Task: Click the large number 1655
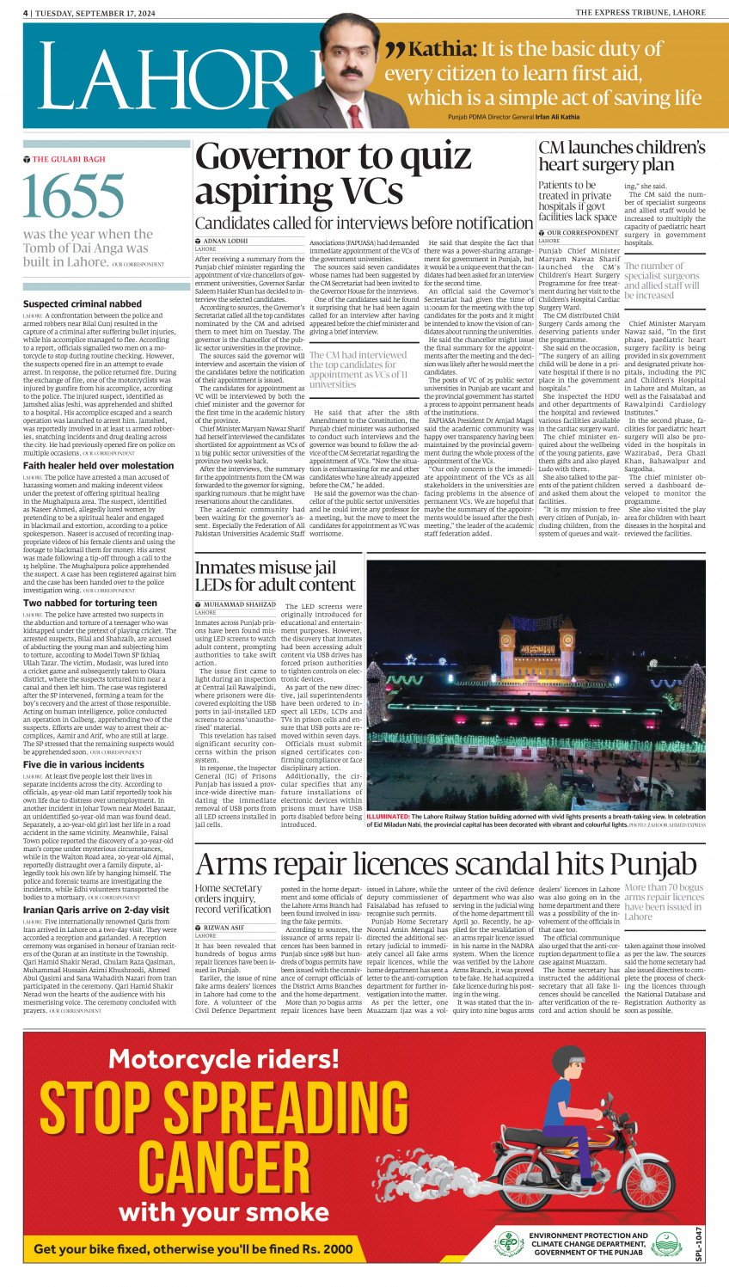point(75,196)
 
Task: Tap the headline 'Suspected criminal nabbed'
point(83,303)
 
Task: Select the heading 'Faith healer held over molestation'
point(98,465)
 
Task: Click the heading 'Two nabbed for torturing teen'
point(90,603)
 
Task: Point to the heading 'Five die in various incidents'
point(83,764)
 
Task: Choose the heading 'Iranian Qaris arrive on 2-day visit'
point(96,910)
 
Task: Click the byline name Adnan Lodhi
point(225,242)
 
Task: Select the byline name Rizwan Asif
point(224,928)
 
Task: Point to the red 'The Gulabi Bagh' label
point(69,159)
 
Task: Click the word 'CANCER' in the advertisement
point(224,1167)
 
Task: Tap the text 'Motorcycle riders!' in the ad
point(224,1059)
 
